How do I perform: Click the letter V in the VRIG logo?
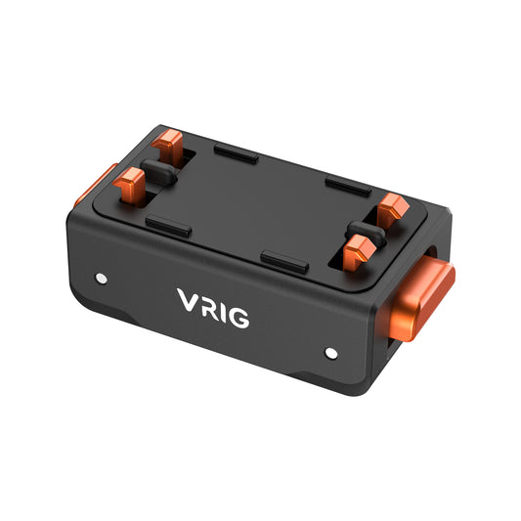pyautogui.click(x=188, y=300)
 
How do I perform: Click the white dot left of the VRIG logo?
pyautogui.click(x=102, y=279)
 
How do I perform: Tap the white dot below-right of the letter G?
pyautogui.click(x=330, y=352)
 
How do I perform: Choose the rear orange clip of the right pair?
pyautogui.click(x=393, y=207)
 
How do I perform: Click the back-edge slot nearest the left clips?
pyautogui.click(x=237, y=154)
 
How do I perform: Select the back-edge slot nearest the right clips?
pyautogui.click(x=348, y=185)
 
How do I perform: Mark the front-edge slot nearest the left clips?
pyautogui.click(x=168, y=225)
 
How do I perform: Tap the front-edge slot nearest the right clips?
pyautogui.click(x=284, y=261)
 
